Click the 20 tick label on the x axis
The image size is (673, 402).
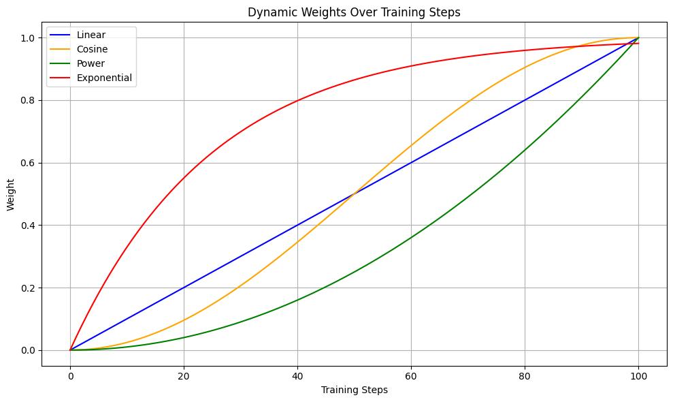click(184, 375)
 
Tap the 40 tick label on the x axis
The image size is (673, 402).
click(297, 375)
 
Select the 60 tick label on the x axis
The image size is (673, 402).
click(411, 375)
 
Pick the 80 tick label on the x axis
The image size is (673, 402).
click(525, 375)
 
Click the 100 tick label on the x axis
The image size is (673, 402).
click(638, 375)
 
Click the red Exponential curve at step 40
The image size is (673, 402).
click(297, 101)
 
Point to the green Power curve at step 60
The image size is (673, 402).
click(411, 238)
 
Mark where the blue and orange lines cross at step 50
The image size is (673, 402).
click(354, 194)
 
